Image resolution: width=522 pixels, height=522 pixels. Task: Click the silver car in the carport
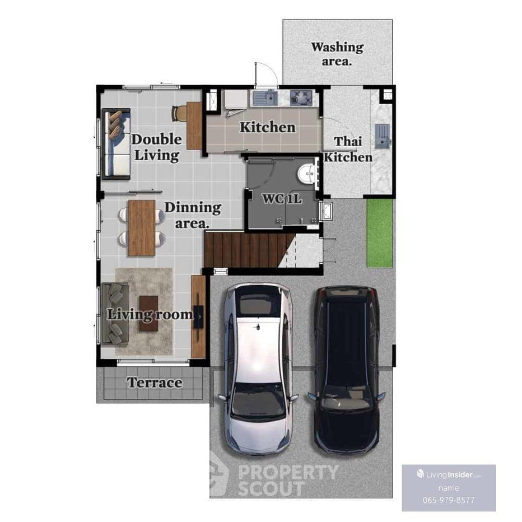[257, 369]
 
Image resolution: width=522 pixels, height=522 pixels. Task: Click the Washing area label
[337, 54]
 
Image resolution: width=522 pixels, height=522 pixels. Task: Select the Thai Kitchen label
[348, 149]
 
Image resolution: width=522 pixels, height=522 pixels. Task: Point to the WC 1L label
[282, 199]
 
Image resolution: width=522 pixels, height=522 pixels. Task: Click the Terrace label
[155, 383]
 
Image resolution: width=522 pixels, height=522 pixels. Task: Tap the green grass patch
[380, 233]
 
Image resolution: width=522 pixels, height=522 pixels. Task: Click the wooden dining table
[142, 228]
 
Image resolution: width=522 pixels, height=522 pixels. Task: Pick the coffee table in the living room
[148, 313]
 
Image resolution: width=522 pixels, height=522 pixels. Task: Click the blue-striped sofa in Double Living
[116, 144]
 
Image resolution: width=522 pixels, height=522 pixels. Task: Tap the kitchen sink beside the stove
[265, 97]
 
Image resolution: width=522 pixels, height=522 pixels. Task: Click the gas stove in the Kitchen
[301, 97]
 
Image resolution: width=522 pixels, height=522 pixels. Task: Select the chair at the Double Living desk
[179, 114]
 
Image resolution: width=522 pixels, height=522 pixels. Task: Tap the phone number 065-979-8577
[449, 500]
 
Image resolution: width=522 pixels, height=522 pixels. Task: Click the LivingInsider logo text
[449, 474]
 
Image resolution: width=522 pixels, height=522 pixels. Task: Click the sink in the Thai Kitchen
[383, 136]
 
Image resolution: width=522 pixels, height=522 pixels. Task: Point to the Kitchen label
[268, 127]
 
